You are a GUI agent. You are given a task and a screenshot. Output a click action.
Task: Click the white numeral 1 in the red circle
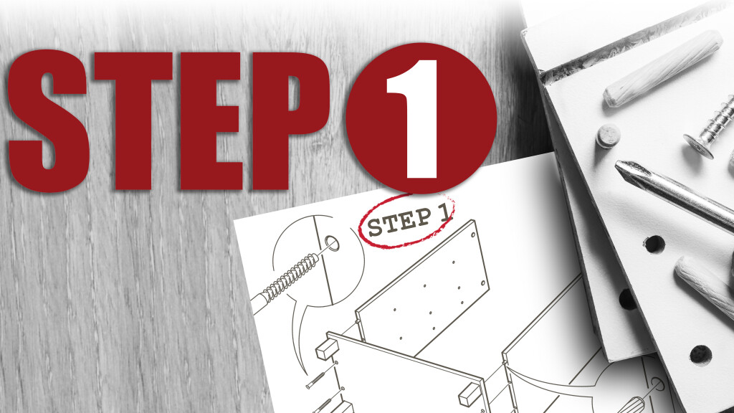pos(414,120)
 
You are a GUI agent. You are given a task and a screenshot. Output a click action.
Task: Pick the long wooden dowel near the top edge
pos(662,68)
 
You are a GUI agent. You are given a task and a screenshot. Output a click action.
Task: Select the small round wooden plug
pos(608,136)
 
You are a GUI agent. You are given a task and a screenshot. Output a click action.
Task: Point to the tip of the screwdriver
pos(619,166)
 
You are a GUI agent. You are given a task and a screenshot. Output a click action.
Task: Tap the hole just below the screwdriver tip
pos(654,245)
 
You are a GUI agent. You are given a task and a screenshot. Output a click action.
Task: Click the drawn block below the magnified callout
pos(327,349)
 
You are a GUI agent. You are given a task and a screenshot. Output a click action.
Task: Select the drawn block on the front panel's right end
pos(470,394)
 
